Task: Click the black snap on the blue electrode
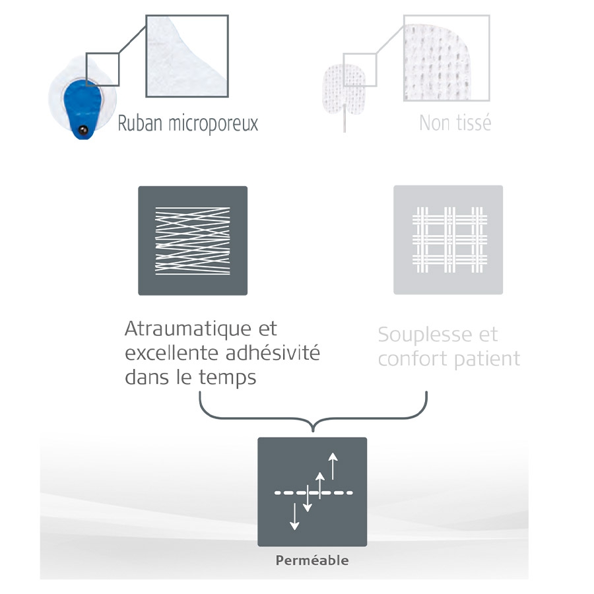click(82, 131)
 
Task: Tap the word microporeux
click(213, 124)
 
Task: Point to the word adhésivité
click(273, 352)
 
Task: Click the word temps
click(227, 378)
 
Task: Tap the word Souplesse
click(424, 335)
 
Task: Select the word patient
click(487, 359)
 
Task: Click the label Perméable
click(312, 560)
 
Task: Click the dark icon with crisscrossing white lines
click(193, 240)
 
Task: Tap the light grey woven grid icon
click(448, 240)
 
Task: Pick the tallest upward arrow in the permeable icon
click(333, 467)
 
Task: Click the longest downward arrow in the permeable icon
click(294, 516)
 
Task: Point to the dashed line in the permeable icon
click(313, 493)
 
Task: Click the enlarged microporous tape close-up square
click(187, 56)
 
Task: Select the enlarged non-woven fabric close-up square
click(447, 58)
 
